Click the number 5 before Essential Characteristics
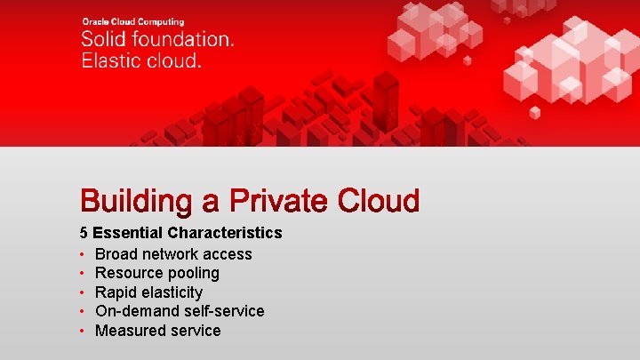(x=84, y=233)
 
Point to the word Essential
(x=125, y=233)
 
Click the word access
(x=229, y=254)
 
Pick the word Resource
(x=128, y=273)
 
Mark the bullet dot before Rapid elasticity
(x=82, y=292)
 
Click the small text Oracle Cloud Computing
(x=132, y=21)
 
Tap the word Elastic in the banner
(x=110, y=60)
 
